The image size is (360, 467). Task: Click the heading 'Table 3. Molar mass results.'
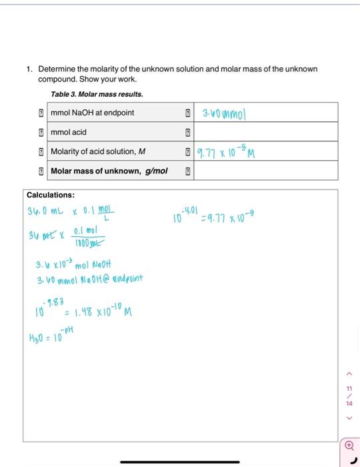click(x=97, y=94)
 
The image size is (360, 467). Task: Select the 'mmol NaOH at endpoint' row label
click(x=93, y=112)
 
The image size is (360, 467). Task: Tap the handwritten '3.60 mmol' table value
click(x=223, y=112)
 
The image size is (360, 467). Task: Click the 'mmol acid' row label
click(x=69, y=132)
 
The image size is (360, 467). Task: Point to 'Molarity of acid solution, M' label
click(x=98, y=151)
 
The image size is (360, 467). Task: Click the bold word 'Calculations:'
click(x=50, y=195)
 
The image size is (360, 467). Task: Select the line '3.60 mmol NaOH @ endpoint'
click(x=90, y=278)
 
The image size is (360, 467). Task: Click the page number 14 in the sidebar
click(x=347, y=404)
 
